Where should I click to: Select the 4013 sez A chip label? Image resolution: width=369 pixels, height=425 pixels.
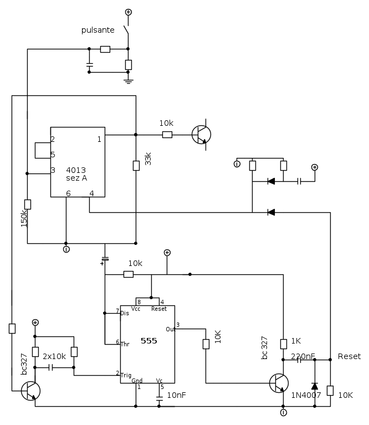76,173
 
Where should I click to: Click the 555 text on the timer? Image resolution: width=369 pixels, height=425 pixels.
148,341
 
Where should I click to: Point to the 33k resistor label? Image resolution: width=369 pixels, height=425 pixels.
148,160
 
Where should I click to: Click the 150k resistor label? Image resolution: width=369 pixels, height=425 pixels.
24,217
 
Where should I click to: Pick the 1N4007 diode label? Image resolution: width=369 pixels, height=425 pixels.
305,395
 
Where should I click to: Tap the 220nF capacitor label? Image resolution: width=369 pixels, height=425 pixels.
303,356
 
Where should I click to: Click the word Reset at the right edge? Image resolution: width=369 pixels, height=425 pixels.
349,356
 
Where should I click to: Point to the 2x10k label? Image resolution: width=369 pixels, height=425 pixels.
54,356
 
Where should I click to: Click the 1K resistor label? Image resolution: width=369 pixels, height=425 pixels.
296,341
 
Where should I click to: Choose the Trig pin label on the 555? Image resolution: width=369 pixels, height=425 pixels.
126,374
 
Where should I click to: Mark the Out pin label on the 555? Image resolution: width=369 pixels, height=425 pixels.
170,329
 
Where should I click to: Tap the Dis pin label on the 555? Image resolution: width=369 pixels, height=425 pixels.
125,313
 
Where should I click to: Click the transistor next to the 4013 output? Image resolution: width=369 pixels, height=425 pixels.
201,135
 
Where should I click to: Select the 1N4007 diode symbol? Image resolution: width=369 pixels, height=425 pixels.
315,386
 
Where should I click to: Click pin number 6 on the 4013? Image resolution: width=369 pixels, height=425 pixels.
68,193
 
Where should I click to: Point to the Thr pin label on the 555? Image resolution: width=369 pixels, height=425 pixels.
125,344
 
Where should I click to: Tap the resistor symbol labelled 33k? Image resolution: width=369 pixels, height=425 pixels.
136,165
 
